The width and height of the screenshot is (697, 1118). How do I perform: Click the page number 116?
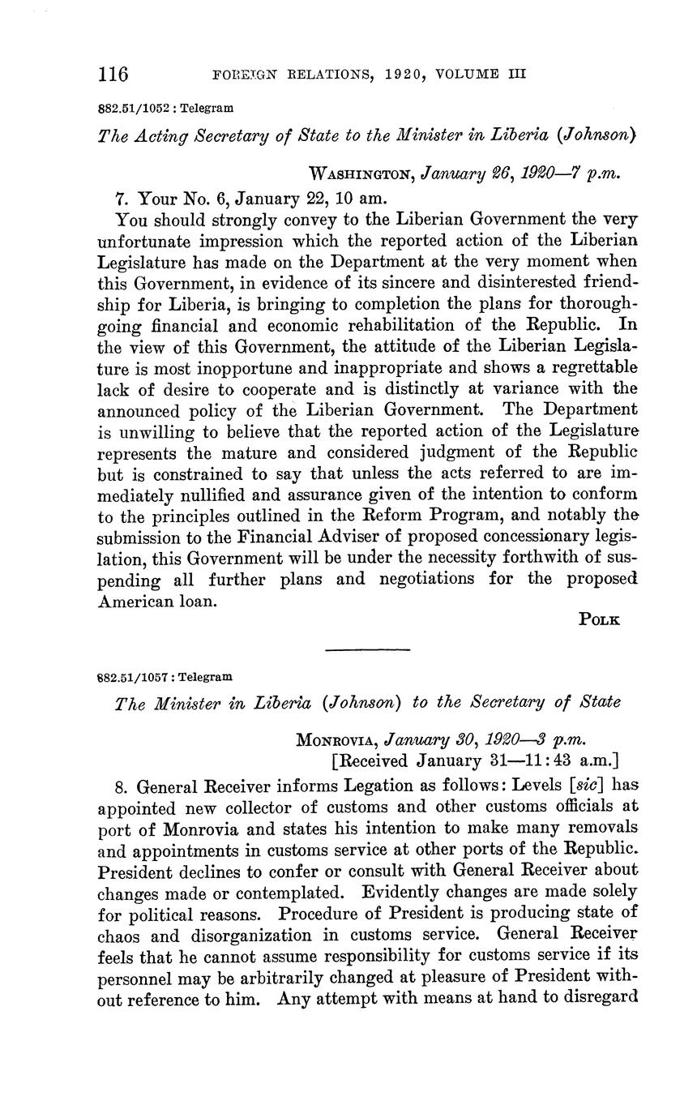(x=113, y=75)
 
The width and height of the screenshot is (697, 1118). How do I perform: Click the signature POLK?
(x=599, y=619)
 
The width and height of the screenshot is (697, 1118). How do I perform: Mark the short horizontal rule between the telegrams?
(x=367, y=649)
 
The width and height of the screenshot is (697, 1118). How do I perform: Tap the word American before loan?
(x=135, y=599)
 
